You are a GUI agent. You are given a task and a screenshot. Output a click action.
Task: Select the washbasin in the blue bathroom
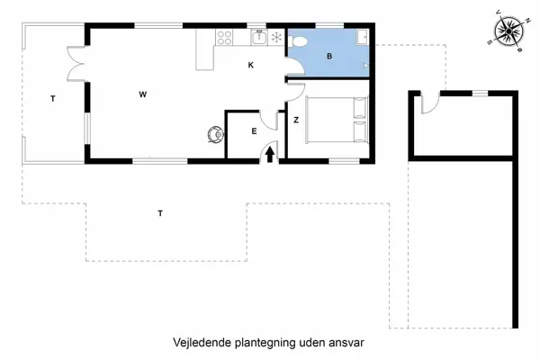tap(361, 37)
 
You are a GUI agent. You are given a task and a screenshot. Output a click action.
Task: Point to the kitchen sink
tap(258, 37)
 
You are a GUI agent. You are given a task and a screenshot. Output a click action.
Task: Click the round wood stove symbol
tap(214, 134)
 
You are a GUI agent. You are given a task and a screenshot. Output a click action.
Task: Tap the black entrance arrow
tap(270, 154)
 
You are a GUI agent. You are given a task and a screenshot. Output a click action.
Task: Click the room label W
tap(142, 94)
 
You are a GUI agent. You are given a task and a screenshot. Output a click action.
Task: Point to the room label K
tap(251, 65)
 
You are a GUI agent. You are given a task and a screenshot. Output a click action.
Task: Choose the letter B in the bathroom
tap(329, 56)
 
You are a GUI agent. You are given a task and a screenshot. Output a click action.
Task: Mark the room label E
tap(254, 131)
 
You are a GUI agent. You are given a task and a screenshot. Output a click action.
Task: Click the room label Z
tap(295, 119)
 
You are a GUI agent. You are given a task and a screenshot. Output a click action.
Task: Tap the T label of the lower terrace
tap(160, 213)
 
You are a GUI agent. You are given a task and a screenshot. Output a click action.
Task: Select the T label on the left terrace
tap(53, 97)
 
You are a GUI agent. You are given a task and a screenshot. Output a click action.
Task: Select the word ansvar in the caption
tap(347, 343)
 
